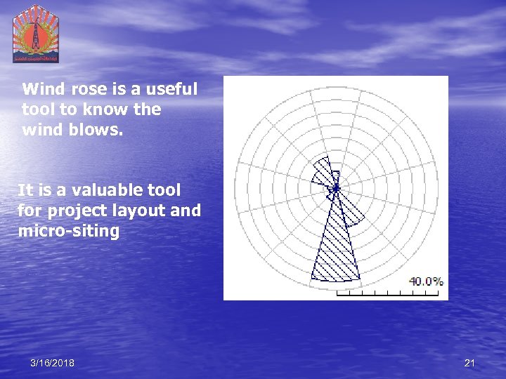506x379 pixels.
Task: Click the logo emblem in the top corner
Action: coord(36,33)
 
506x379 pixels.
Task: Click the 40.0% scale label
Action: coord(426,281)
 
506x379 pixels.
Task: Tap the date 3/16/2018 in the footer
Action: coord(52,363)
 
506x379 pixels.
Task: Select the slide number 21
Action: coord(470,363)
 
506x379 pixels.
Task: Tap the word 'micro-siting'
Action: coord(68,230)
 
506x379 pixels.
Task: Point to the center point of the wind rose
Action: coord(336,187)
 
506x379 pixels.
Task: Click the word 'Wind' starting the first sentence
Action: coord(41,90)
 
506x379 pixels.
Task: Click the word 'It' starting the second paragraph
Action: coord(25,190)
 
